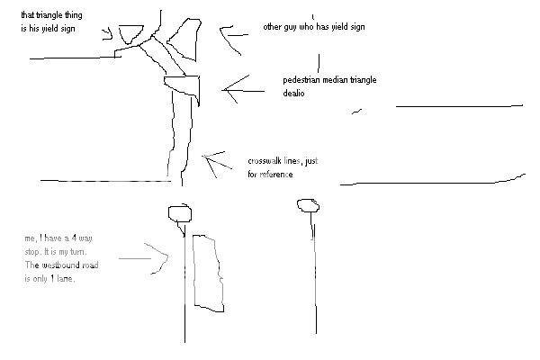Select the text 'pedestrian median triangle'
pyautogui.click(x=329, y=81)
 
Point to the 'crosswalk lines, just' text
pyautogui.click(x=283, y=162)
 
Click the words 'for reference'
pyautogui.click(x=270, y=174)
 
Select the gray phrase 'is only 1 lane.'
pyautogui.click(x=50, y=279)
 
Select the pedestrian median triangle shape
pyautogui.click(x=183, y=87)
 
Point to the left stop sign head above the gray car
pyautogui.click(x=180, y=213)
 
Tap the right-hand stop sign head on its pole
pyautogui.click(x=309, y=206)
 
